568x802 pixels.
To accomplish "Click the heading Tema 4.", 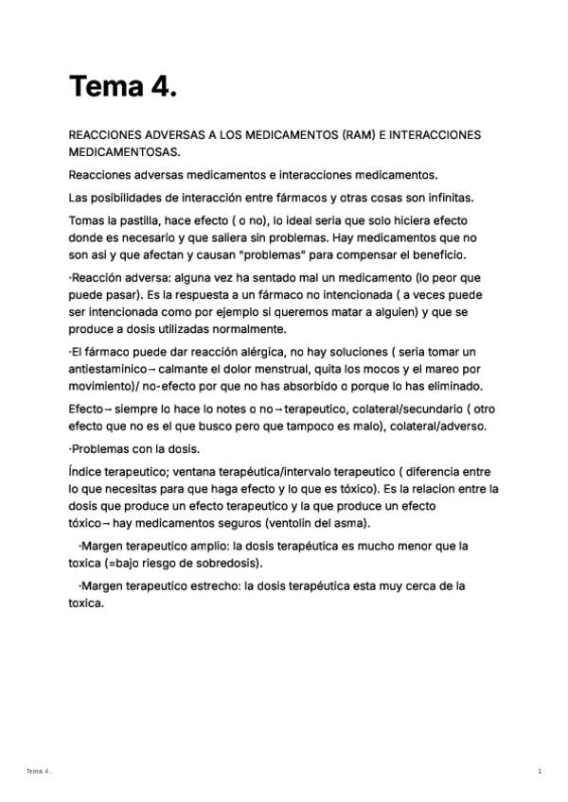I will coord(123,87).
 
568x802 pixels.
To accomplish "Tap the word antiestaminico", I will coord(109,369).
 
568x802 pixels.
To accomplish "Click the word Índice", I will coord(86,472).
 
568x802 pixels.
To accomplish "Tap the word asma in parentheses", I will coord(350,523).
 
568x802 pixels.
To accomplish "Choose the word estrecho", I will coord(214,585).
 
